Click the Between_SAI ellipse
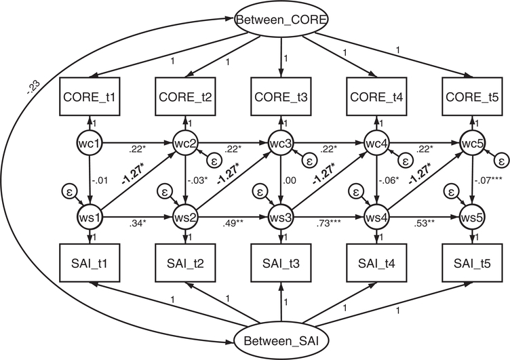(x=281, y=338)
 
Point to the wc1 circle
(x=90, y=144)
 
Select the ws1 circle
(x=90, y=218)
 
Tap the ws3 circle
(x=281, y=218)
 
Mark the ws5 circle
(x=472, y=218)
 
